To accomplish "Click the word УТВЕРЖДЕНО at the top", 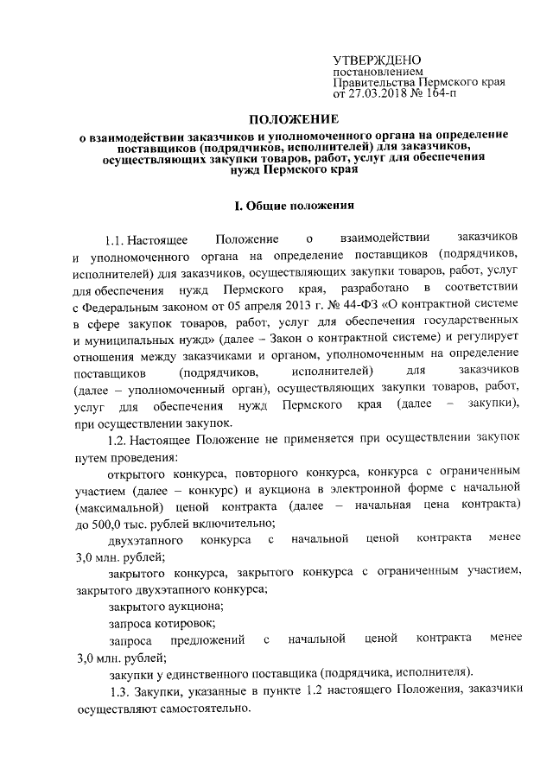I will click(x=377, y=59).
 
